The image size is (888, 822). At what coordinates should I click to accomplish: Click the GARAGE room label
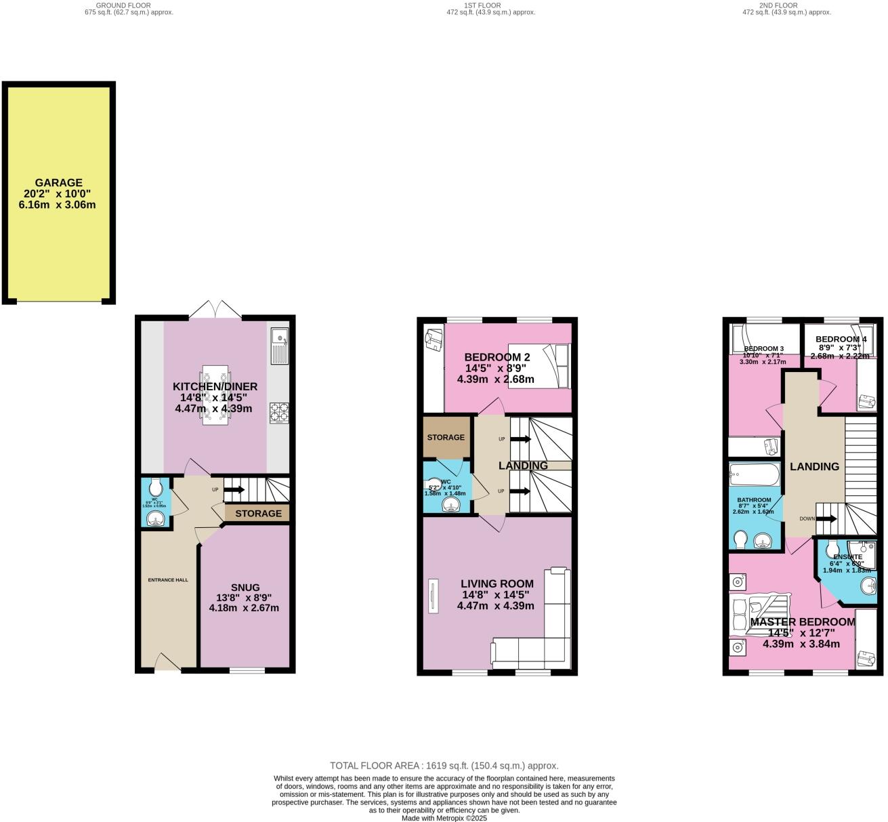tap(58, 183)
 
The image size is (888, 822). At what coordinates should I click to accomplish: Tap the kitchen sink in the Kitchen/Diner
tap(278, 346)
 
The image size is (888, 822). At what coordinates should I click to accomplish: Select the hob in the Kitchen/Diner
tap(278, 413)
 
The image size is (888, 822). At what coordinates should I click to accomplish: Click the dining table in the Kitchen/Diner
tap(215, 396)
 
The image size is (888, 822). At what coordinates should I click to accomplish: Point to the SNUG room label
tap(244, 588)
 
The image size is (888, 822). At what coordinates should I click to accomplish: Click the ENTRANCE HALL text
tap(168, 580)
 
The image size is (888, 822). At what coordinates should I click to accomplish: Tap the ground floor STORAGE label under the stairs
tap(258, 514)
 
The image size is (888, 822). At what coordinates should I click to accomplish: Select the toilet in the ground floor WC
tap(156, 487)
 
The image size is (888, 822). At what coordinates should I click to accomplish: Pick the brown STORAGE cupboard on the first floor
tap(446, 437)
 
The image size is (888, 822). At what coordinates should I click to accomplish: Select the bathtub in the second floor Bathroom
tap(755, 474)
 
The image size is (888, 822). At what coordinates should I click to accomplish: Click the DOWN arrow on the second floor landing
tap(825, 519)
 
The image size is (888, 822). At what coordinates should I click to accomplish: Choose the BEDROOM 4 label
tap(841, 340)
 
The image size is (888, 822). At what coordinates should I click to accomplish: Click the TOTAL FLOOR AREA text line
tap(444, 766)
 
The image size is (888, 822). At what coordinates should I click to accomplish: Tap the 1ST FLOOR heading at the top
tap(482, 5)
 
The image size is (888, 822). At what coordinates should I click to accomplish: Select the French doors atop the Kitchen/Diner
tap(215, 310)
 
